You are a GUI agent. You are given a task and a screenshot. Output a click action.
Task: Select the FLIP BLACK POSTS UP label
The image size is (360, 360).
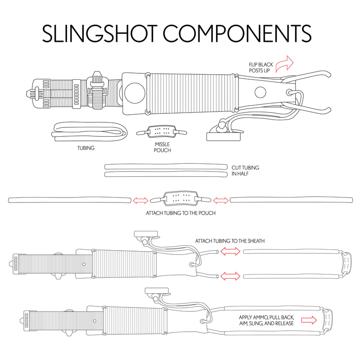click(x=261, y=67)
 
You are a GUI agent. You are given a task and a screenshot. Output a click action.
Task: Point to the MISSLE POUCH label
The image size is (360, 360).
click(x=162, y=147)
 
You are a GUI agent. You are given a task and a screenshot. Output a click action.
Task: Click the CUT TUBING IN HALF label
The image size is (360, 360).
click(x=245, y=171)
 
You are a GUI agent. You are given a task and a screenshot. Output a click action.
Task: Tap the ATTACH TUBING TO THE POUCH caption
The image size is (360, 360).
click(x=180, y=213)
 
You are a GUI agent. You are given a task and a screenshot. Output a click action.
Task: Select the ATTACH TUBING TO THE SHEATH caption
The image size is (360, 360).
click(x=230, y=241)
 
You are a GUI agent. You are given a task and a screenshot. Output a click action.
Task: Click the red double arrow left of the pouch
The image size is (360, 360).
click(x=139, y=200)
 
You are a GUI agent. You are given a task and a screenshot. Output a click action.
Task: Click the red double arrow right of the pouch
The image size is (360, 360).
click(x=220, y=200)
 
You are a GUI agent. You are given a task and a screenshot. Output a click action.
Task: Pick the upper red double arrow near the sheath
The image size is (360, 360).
click(x=230, y=252)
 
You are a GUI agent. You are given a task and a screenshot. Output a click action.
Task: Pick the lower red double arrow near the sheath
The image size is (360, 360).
click(x=230, y=275)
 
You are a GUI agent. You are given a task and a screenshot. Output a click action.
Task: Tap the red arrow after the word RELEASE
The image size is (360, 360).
click(x=309, y=320)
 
